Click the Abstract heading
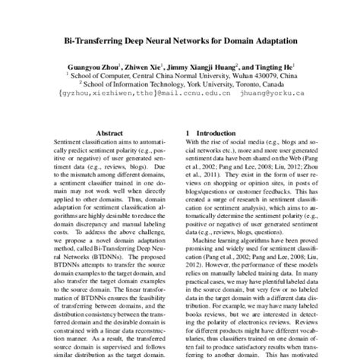pyautogui.click(x=110, y=132)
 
